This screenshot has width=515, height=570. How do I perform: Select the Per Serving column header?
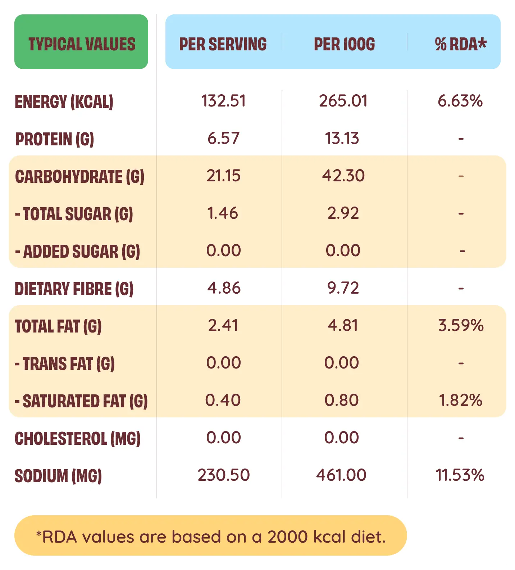click(223, 44)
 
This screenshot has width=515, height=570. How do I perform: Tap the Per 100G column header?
click(344, 44)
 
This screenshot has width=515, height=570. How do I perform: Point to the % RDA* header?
click(460, 44)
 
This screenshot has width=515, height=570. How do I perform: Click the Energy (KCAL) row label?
click(64, 102)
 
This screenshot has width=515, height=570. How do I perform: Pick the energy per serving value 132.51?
click(223, 101)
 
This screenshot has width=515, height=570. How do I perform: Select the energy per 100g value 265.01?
click(343, 101)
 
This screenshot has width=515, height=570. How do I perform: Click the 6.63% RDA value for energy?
click(460, 101)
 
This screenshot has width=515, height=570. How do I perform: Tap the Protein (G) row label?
click(55, 139)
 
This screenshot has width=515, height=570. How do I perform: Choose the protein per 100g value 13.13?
click(342, 139)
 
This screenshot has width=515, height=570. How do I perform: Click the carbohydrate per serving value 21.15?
click(223, 176)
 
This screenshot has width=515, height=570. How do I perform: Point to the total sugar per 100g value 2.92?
click(343, 213)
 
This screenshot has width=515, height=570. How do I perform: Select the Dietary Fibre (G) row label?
click(74, 289)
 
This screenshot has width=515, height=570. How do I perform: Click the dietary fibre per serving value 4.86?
click(224, 288)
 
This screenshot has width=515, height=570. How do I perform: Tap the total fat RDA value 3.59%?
click(461, 326)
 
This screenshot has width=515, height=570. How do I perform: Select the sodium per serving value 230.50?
click(224, 475)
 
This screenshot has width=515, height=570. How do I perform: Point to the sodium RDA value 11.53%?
click(460, 475)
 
